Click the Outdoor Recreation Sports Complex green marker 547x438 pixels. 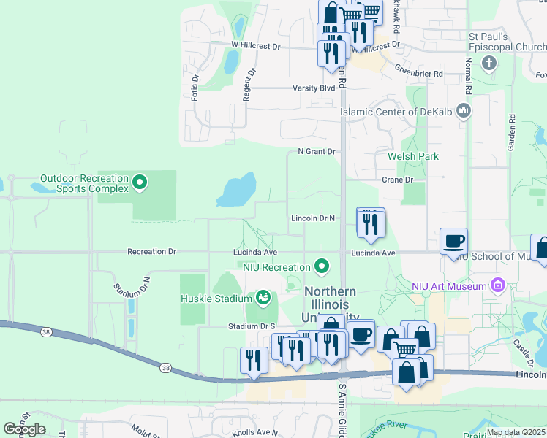pyautogui.click(x=140, y=182)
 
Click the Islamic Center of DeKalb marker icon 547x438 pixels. pyautogui.click(x=462, y=111)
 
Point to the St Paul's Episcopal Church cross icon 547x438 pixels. pyautogui.click(x=489, y=63)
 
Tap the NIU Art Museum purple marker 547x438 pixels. pyautogui.click(x=499, y=284)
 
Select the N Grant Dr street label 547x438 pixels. pyautogui.click(x=316, y=152)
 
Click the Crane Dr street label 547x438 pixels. pyautogui.click(x=398, y=179)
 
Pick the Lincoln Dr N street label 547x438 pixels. pyautogui.click(x=312, y=218)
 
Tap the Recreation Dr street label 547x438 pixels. pyautogui.click(x=151, y=252)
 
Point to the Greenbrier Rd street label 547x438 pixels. pyautogui.click(x=419, y=74)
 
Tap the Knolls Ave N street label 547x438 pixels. pyautogui.click(x=255, y=433)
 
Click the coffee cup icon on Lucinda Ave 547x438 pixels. pyautogui.click(x=453, y=241)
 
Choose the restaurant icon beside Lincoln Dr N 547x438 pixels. pyautogui.click(x=370, y=223)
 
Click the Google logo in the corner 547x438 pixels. pyautogui.click(x=24, y=429)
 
